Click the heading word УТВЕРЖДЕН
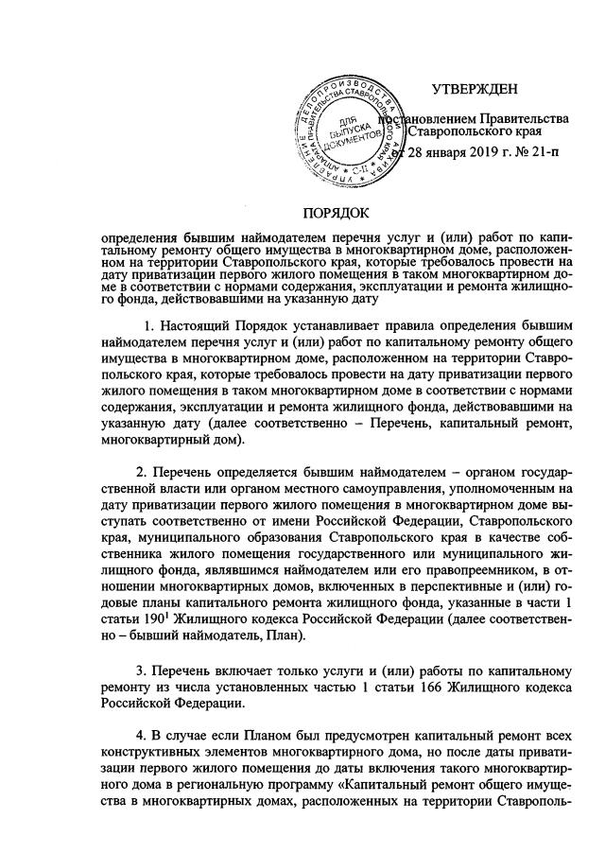[475, 90]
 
